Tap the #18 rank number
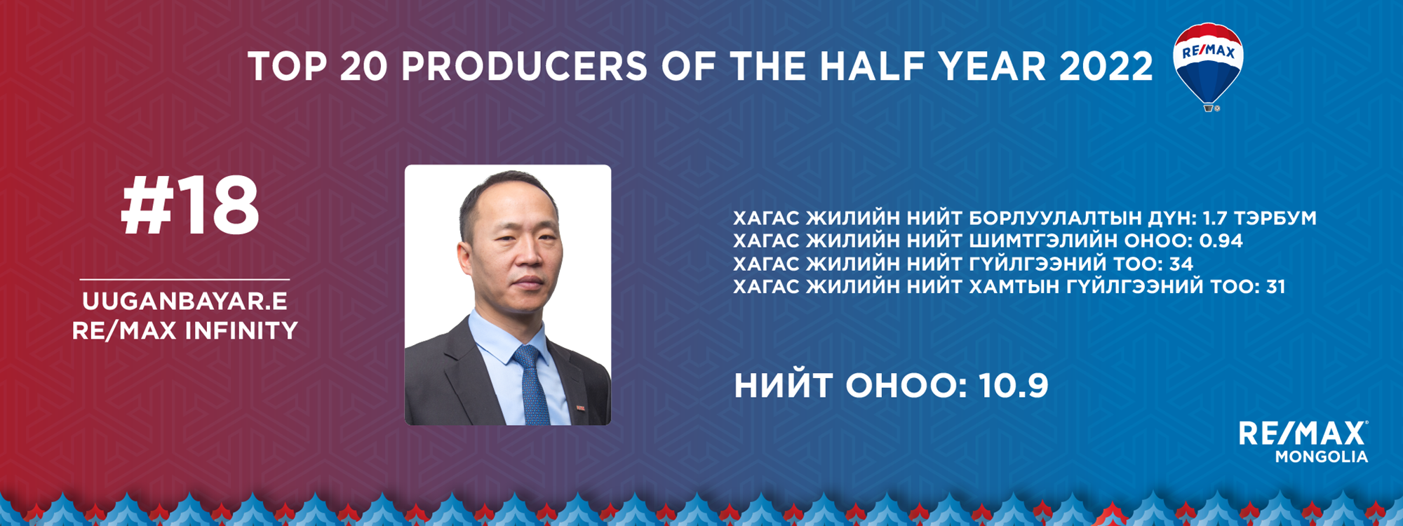tap(190, 205)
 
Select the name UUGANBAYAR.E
tap(185, 302)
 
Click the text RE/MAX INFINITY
tap(185, 331)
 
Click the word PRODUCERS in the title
tap(525, 67)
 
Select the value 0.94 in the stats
tap(1221, 241)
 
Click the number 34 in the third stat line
tap(1181, 264)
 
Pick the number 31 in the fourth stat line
tap(1276, 287)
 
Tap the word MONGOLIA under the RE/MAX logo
tap(1322, 457)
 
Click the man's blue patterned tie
tap(532, 384)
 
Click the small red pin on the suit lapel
tap(581, 407)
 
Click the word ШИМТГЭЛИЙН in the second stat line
tap(1043, 241)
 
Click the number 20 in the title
tap(363, 67)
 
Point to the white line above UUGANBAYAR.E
tap(184, 279)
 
